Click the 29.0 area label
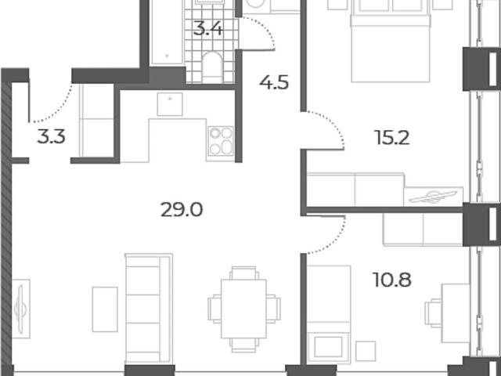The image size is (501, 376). coord(182,210)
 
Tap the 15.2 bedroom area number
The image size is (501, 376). coord(393,138)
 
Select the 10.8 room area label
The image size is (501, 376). coord(392,280)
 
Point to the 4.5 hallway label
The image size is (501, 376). coord(274,82)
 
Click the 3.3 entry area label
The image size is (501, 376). coord(51,136)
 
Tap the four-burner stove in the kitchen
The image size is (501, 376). coord(221,141)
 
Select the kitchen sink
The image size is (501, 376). coord(170,104)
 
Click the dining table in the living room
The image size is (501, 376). coord(243,309)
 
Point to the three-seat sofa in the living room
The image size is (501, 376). coord(149,309)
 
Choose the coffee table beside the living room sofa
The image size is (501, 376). coord(105,309)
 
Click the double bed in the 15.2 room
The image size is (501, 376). coord(391,41)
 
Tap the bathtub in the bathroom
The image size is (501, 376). coord(167,32)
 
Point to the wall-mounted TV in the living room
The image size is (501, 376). coord(20,309)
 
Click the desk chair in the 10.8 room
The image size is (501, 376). coord(433,313)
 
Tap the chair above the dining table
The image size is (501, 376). coord(243,273)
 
